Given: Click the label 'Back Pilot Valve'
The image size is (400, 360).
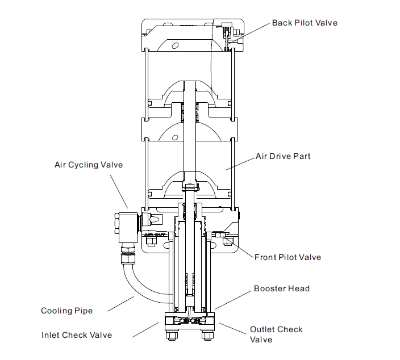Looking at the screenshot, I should tap(305, 23).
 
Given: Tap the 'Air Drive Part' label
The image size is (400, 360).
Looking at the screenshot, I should tap(283, 156).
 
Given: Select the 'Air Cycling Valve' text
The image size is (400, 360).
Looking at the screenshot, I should tap(88, 165).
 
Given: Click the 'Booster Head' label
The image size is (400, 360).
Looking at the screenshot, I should tap(282, 288).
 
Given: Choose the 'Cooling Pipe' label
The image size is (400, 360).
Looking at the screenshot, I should tap(66, 311).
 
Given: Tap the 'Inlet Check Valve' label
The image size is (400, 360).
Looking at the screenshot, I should tap(77, 335).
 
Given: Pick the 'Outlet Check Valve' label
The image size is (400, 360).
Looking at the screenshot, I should tap(276, 334).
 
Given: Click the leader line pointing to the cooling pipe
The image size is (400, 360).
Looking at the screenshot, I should tap(122, 303).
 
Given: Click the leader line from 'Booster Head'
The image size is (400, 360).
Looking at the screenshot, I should tap(233, 301).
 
